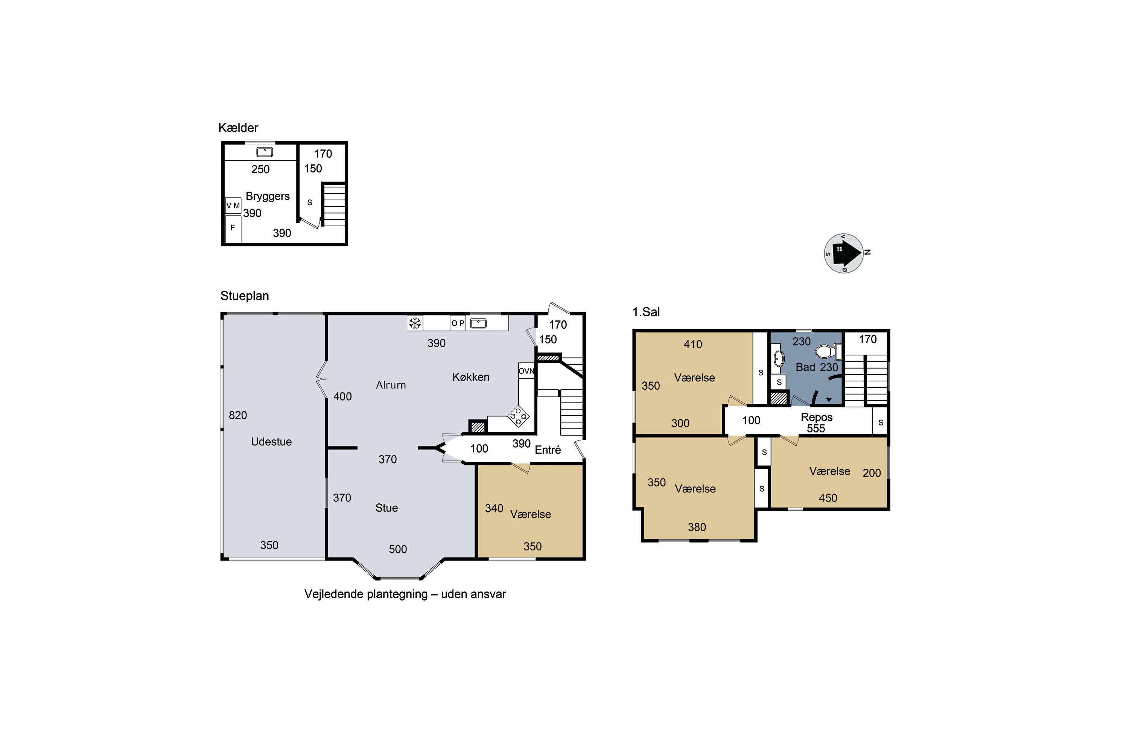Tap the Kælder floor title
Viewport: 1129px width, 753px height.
pos(238,128)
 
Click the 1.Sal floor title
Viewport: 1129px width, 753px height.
pos(646,312)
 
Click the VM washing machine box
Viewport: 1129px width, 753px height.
pos(233,206)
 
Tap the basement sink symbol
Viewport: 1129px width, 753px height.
pos(265,152)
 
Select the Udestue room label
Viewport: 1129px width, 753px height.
pos(271,442)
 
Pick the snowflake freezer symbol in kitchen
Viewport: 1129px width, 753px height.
pos(415,323)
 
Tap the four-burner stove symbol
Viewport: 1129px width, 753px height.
pos(519,416)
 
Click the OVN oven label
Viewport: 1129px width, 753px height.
pos(526,371)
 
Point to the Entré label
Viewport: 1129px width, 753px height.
pos(548,450)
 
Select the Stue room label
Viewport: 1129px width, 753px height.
pos(386,508)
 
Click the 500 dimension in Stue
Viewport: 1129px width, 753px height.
pos(397,549)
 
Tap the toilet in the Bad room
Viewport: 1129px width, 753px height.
pos(829,352)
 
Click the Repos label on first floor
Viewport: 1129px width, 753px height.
pos(817,417)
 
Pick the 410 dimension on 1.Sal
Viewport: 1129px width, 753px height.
pos(693,344)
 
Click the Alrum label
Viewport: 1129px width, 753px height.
pos(391,385)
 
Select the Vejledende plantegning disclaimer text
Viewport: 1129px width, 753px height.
pos(405,594)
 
